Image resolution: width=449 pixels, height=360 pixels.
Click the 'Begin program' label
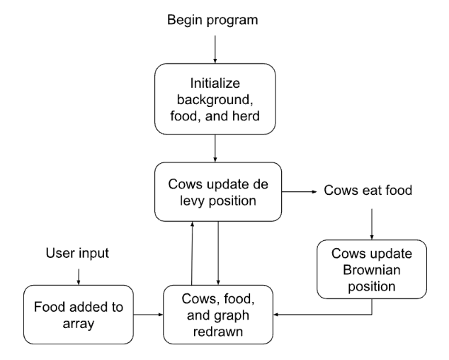click(212, 19)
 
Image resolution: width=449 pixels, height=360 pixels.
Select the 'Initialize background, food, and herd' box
click(214, 99)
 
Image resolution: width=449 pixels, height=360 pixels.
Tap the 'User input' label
click(77, 252)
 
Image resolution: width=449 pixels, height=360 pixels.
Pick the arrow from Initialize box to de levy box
click(214, 150)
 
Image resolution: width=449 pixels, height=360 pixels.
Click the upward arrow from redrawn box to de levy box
click(192, 252)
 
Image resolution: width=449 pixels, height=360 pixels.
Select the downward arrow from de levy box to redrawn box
click(218, 252)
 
